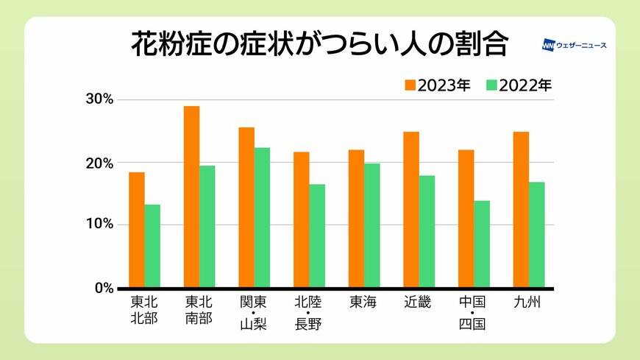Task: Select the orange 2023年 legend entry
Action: tap(437, 85)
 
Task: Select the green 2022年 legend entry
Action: tap(519, 85)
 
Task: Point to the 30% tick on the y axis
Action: tap(99, 99)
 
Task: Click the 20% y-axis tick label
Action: tap(99, 163)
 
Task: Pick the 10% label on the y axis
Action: tap(99, 225)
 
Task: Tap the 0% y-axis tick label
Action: tap(103, 288)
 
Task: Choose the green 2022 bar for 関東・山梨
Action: tap(262, 217)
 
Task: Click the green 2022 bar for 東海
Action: tap(371, 225)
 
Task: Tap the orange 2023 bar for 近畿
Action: tap(411, 210)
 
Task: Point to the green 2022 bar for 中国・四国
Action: tap(482, 244)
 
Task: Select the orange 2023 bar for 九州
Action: tap(521, 210)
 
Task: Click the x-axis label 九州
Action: tap(528, 303)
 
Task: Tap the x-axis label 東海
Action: tap(363, 303)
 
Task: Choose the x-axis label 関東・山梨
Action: tap(254, 313)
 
